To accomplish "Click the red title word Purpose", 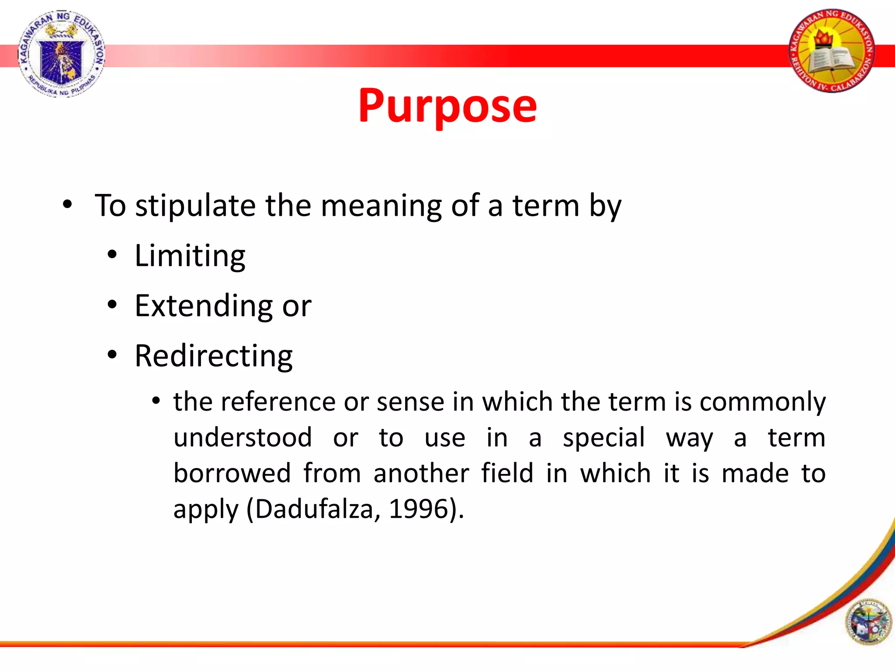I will coord(447,106).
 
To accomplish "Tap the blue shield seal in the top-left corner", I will coord(61,53).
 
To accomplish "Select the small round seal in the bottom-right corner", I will coord(868,623).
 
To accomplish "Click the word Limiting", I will coord(190,256).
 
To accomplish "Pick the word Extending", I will coord(203,306).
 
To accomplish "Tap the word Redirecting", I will coord(213,356).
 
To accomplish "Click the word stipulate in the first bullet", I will coord(195,205).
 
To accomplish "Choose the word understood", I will coord(243,438).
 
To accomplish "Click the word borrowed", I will coord(232,473).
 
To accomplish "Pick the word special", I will coord(604,438).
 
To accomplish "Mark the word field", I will coord(507,473).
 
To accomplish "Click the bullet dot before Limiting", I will coord(112,255).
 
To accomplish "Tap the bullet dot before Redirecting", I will coord(112,355).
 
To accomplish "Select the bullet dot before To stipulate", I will coord(67,204).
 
